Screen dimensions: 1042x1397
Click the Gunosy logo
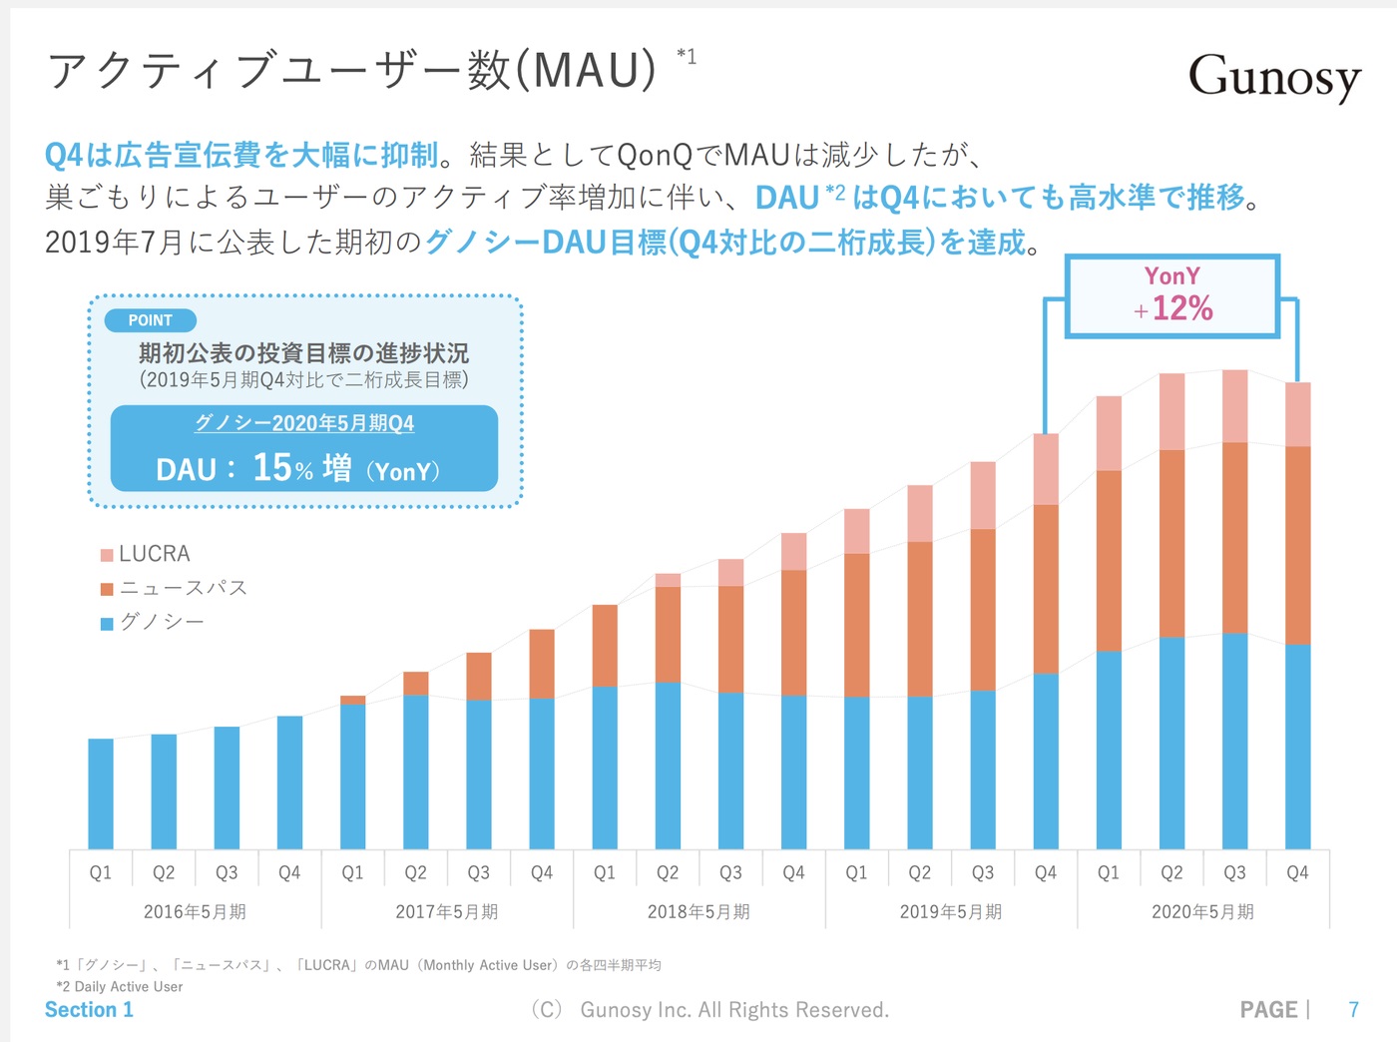1274,77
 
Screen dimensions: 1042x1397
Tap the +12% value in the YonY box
1181,308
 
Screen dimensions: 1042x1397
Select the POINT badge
150,320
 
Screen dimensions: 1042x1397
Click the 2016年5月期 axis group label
195,911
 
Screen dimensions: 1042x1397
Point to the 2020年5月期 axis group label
1202,911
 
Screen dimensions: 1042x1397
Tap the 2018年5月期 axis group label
698,911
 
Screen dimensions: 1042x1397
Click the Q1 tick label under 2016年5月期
101,872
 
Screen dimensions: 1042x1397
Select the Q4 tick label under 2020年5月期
1297,872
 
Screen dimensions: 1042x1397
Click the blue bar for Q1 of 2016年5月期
101,793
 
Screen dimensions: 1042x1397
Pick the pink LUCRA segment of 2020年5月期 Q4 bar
1297,414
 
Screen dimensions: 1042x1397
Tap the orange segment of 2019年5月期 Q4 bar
1046,589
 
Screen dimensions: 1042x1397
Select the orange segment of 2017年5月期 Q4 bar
542,664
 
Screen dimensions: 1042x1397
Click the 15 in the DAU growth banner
271,467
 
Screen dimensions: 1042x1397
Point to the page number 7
1353,1010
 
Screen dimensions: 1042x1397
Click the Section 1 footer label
89,1010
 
